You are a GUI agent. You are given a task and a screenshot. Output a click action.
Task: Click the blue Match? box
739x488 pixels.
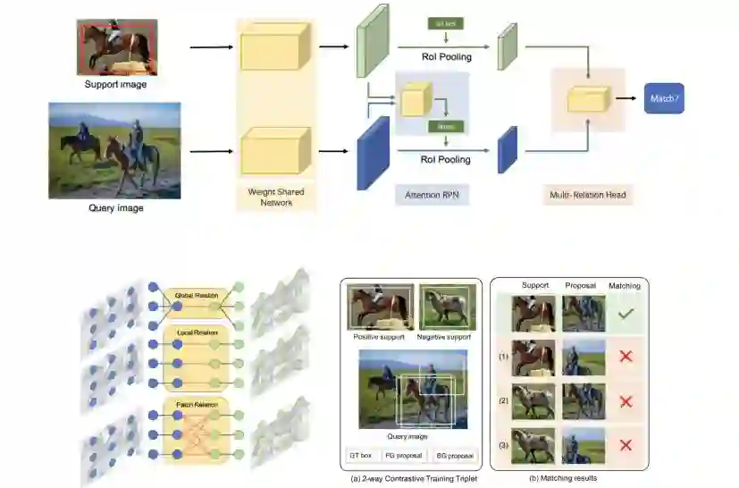click(x=664, y=98)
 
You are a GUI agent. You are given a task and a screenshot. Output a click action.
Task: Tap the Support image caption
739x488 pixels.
click(x=116, y=85)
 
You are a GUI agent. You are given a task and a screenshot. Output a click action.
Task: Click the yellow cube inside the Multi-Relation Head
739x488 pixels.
click(x=587, y=99)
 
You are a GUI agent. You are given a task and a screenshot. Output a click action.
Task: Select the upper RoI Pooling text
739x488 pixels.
click(x=446, y=57)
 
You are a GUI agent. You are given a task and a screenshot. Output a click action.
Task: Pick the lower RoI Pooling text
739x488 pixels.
click(x=446, y=159)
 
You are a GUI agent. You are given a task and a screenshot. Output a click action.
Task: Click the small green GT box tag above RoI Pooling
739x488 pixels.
click(x=445, y=24)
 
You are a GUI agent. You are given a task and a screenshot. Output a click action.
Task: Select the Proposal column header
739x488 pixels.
click(x=580, y=286)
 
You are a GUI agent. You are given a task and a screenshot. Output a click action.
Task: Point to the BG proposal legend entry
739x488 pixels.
click(x=455, y=456)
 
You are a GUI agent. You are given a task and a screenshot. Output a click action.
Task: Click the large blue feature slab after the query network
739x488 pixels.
click(x=374, y=153)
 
